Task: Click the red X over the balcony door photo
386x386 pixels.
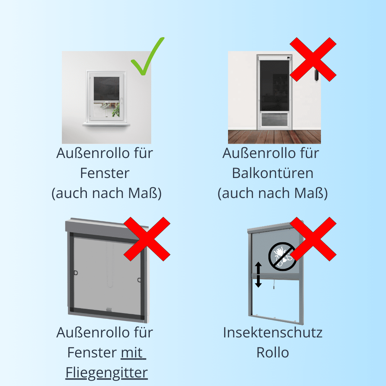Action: pos(313,59)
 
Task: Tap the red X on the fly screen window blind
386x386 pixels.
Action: pos(147,239)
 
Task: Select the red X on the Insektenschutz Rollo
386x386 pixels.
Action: pos(313,239)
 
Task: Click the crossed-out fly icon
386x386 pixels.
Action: pos(282,257)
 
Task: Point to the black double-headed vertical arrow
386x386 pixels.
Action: pos(258,274)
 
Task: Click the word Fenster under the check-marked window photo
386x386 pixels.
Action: pos(105,173)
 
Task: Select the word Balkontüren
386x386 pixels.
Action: pos(272,173)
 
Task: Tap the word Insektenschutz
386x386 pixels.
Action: pos(272,333)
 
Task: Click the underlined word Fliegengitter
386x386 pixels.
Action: pos(107,373)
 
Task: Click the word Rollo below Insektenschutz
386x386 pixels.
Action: pos(272,352)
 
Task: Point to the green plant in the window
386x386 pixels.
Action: pos(116,110)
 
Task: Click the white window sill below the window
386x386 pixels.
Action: pos(106,124)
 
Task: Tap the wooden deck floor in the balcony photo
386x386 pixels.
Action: pos(274,137)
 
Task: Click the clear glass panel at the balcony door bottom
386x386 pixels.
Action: pos(274,119)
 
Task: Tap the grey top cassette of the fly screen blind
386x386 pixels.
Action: pos(107,228)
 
